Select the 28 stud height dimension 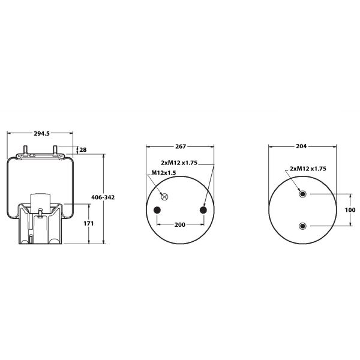tap(83, 149)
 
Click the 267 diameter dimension tap(181, 146)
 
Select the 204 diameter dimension tap(302, 146)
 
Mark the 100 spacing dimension tap(350, 210)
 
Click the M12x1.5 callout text tap(163, 173)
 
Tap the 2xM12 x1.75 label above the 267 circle tap(187, 163)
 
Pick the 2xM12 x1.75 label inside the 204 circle tap(308, 169)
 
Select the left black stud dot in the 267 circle tap(157, 209)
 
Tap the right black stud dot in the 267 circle tap(203, 209)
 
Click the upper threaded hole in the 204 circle tap(302, 194)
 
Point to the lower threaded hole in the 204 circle tap(302, 226)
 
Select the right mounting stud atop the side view tap(55, 148)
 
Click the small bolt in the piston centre tap(40, 212)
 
